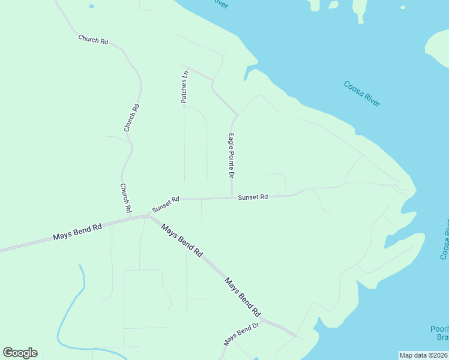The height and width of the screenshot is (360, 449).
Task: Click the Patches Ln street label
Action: pyautogui.click(x=185, y=87)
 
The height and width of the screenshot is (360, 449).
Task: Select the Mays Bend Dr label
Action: pyautogui.click(x=241, y=334)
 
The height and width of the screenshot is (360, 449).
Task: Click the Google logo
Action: pyautogui.click(x=20, y=353)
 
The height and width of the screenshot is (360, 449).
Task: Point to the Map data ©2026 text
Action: pyautogui.click(x=423, y=355)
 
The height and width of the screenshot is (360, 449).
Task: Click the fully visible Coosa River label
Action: pyautogui.click(x=362, y=94)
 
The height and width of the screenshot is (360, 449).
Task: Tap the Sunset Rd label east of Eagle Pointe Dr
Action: pyautogui.click(x=252, y=197)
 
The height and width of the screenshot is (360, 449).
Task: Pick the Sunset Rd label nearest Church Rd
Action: pyautogui.click(x=166, y=205)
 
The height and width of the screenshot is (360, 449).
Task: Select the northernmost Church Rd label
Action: pyautogui.click(x=93, y=40)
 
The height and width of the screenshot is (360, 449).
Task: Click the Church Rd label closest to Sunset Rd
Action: pyautogui.click(x=125, y=199)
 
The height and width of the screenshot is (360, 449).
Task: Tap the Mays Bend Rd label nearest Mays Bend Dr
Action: pyautogui.click(x=243, y=296)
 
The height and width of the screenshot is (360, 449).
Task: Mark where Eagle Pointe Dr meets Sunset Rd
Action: pyautogui.click(x=232, y=197)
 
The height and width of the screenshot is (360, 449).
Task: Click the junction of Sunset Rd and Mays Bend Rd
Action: pyautogui.click(x=148, y=215)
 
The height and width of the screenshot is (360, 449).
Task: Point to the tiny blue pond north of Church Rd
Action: pyautogui.click(x=91, y=6)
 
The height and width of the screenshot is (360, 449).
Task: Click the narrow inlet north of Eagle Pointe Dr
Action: pyautogui.click(x=246, y=75)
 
